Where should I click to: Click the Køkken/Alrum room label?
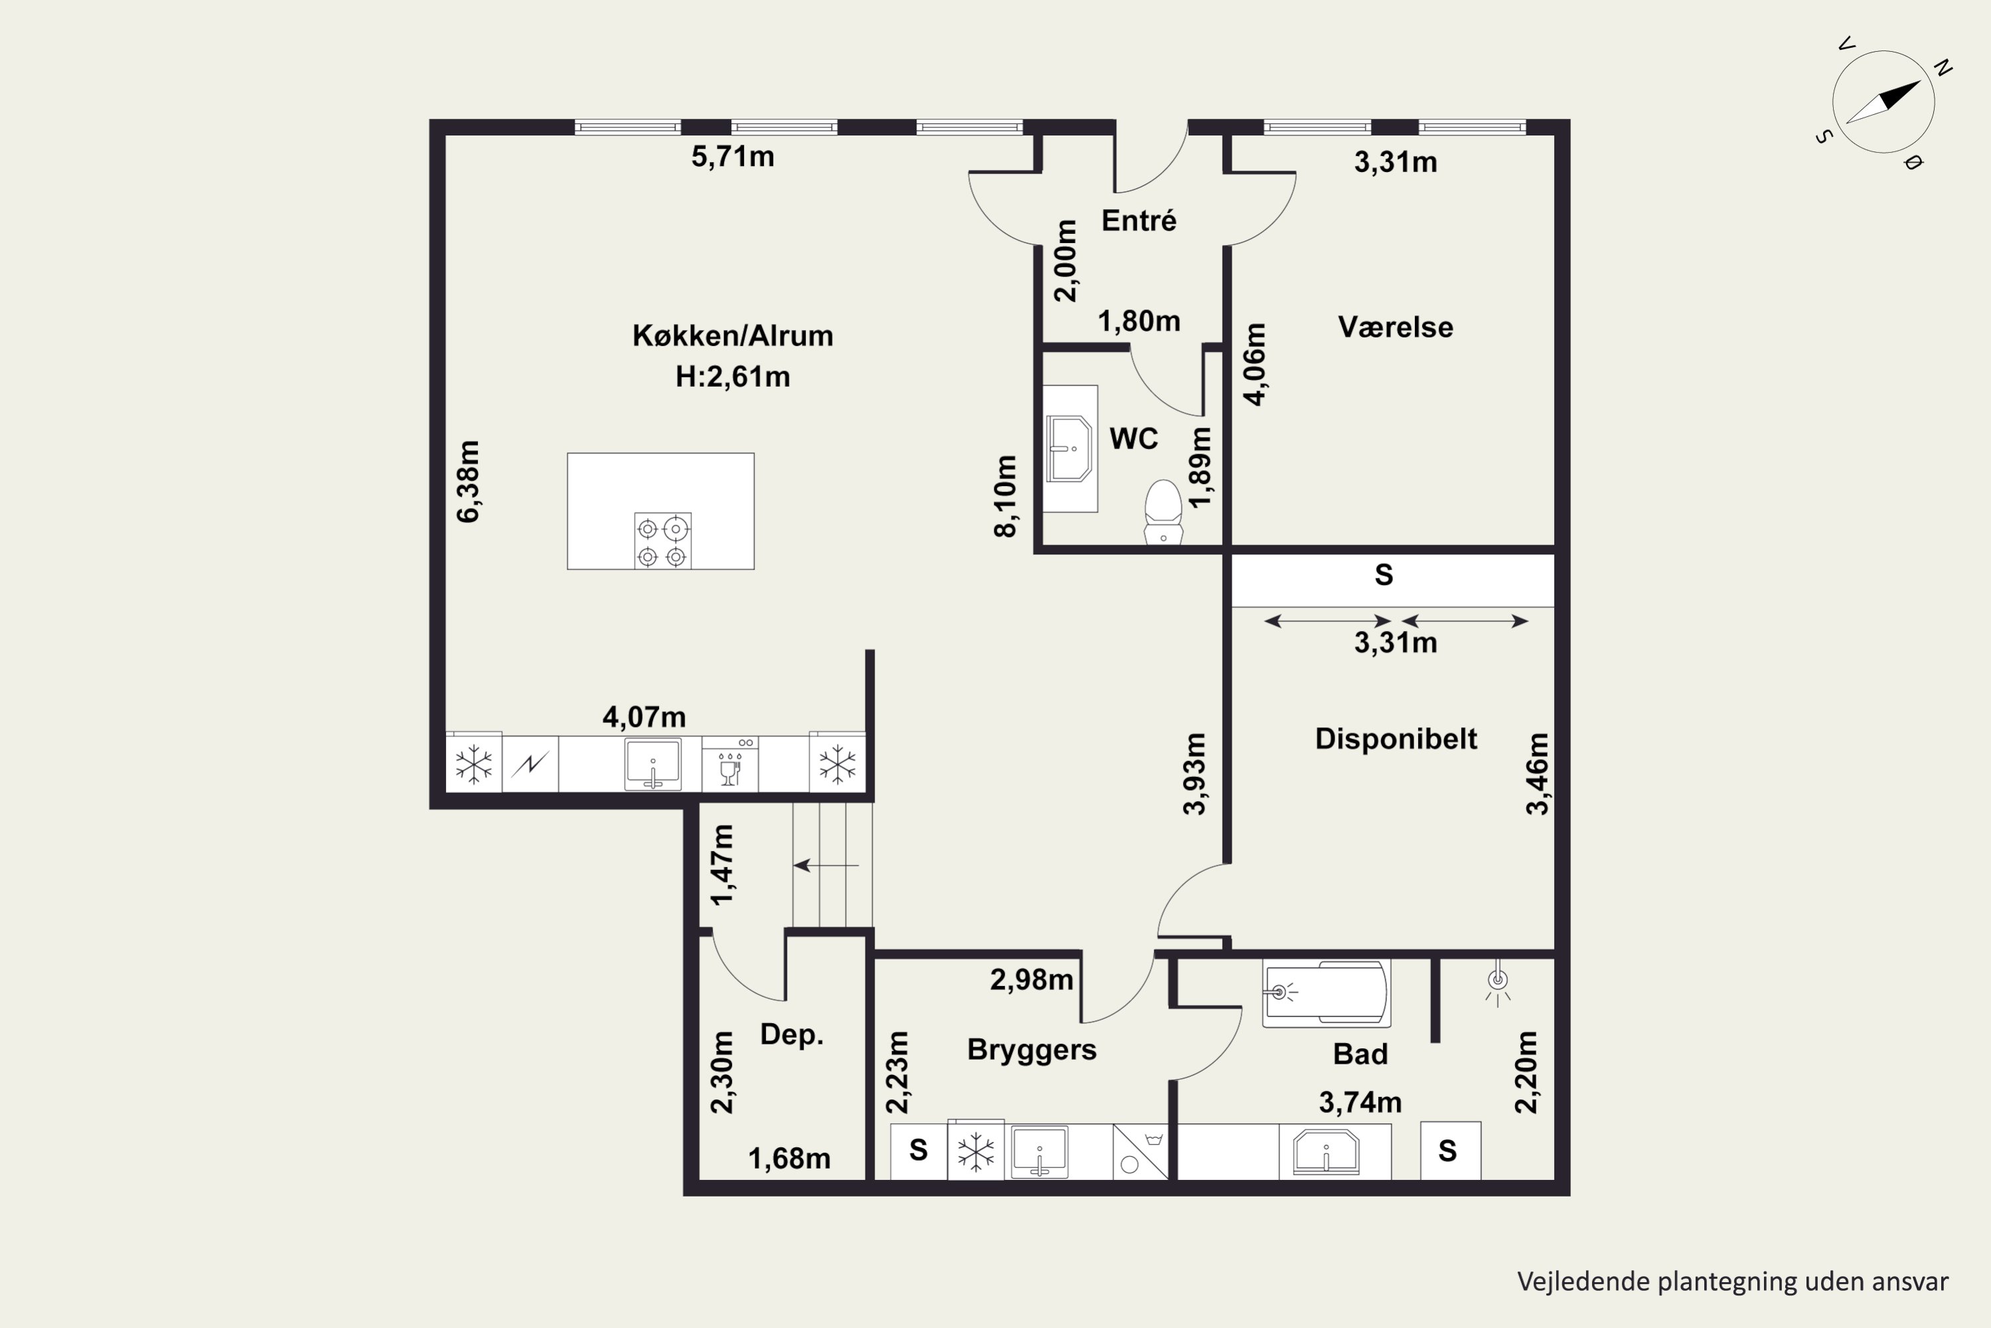(x=732, y=336)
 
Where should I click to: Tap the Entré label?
(x=1139, y=221)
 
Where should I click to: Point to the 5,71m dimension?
(x=732, y=157)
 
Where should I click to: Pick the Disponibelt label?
(x=1396, y=738)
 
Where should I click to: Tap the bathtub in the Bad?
(x=1325, y=993)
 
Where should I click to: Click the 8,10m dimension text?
(x=1005, y=496)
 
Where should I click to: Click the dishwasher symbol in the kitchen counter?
(x=729, y=764)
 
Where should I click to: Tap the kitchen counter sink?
(x=652, y=764)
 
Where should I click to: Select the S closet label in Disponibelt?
(x=1383, y=576)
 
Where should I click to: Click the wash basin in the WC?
(x=1069, y=449)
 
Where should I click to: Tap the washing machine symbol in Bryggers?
(x=1140, y=1152)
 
